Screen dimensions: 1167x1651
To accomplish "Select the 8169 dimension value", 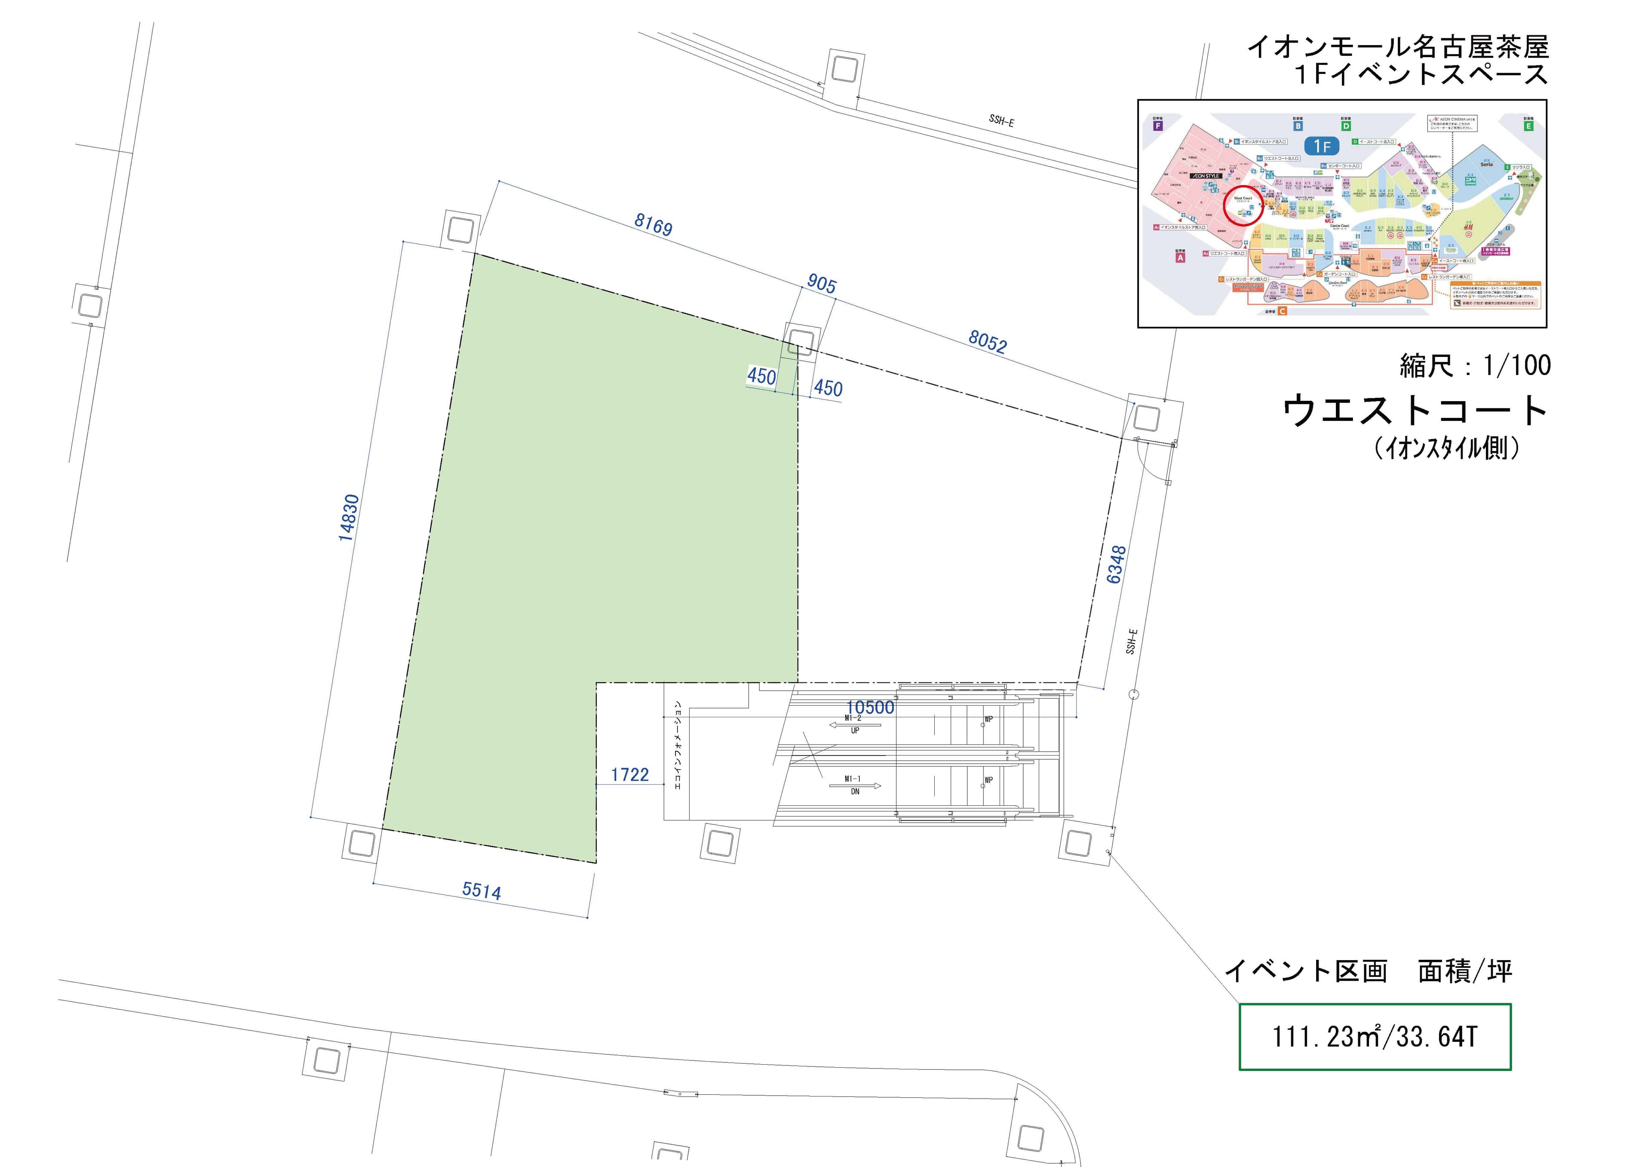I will pyautogui.click(x=653, y=225).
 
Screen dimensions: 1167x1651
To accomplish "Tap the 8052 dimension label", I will pyautogui.click(x=987, y=342).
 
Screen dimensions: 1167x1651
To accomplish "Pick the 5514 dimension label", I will pyautogui.click(x=481, y=891).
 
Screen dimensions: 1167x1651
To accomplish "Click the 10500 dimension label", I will pyautogui.click(x=870, y=707).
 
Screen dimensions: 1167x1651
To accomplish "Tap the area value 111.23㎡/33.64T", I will pyautogui.click(x=1374, y=1037).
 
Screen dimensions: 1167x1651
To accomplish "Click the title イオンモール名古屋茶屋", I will pyautogui.click(x=1397, y=47).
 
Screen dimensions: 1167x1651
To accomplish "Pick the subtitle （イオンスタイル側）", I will pyautogui.click(x=1447, y=448).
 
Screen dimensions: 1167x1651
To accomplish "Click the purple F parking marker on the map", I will pyautogui.click(x=1158, y=126).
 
